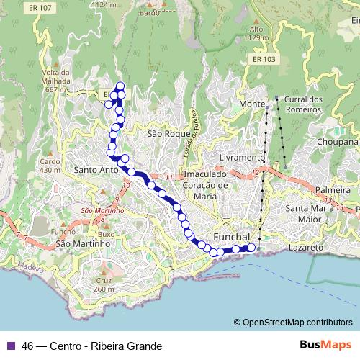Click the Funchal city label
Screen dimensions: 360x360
tap(231, 238)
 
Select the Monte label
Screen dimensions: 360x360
tap(252, 104)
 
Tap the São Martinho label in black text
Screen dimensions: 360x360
tap(82, 244)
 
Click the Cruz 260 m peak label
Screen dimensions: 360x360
tap(104, 284)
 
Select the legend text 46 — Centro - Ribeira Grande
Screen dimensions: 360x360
tap(91, 346)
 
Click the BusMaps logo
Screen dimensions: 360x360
tap(325, 345)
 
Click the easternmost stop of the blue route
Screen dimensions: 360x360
tap(251, 248)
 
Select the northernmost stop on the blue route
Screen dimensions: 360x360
tap(120, 87)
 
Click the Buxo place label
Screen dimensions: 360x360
tap(107, 235)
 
